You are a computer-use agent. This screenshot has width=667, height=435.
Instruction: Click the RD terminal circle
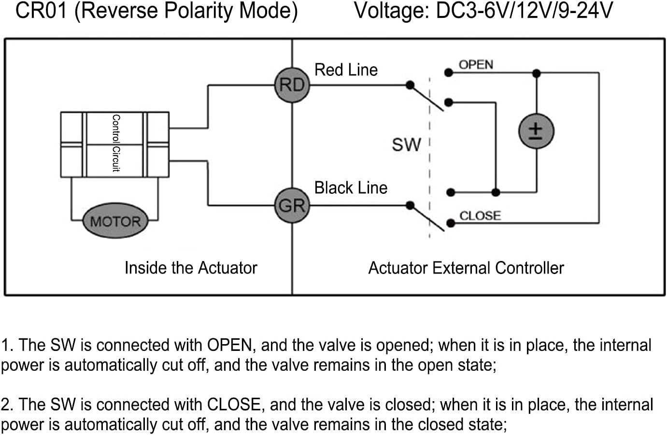point(292,85)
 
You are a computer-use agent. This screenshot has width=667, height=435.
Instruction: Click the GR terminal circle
point(292,205)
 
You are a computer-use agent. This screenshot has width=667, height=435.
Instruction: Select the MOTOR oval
point(115,221)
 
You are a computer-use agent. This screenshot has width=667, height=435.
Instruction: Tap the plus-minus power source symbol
point(536,131)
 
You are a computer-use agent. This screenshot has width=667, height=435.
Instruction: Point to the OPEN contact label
point(476,65)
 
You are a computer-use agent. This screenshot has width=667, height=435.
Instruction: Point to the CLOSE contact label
point(480,216)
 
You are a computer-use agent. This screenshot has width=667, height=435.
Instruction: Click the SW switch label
point(406,145)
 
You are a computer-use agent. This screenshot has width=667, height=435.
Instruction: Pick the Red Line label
point(346,70)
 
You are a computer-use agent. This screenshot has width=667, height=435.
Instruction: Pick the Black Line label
point(351,188)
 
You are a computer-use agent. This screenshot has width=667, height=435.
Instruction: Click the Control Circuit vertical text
point(116,143)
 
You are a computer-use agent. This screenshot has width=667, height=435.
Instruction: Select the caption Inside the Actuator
point(191,268)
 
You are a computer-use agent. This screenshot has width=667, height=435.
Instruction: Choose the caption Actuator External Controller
point(466,268)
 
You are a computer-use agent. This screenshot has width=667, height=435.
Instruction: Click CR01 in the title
point(41,11)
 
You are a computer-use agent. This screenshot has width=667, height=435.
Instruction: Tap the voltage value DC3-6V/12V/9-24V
point(524,11)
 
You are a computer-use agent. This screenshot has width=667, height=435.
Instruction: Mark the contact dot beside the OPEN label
point(448,73)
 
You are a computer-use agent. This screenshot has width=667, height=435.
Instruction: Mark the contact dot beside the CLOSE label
point(451,223)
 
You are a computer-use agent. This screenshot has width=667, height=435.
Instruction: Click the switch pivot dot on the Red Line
point(410,86)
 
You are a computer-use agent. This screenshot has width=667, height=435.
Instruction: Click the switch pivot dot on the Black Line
point(410,205)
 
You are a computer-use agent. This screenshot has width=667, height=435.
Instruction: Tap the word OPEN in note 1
point(229,345)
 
